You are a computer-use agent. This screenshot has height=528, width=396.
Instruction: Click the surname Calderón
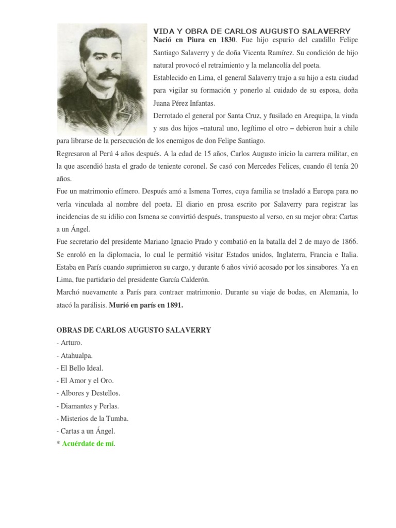coord(192,279)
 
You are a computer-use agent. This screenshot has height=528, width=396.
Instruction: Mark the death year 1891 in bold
coord(173,305)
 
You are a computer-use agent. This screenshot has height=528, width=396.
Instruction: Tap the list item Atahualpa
coord(77,355)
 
